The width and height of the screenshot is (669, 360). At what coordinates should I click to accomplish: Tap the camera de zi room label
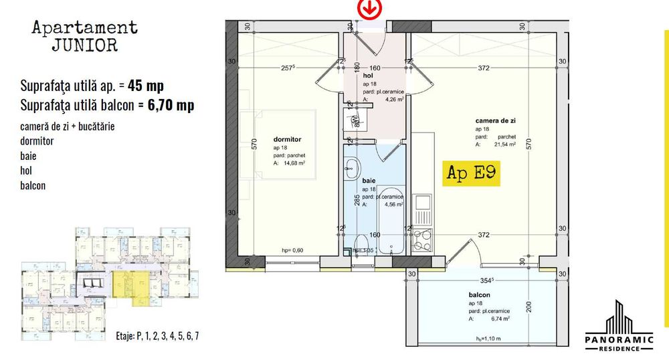495,120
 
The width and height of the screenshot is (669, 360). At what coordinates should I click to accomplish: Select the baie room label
369,181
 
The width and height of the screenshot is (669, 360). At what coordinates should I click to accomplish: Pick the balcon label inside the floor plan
480,295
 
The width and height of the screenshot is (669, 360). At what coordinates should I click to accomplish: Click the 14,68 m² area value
293,162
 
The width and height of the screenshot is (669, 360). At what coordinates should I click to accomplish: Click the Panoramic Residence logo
613,325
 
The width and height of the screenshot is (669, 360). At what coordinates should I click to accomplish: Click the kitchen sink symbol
423,209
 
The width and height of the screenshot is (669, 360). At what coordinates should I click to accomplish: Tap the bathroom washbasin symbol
351,170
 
